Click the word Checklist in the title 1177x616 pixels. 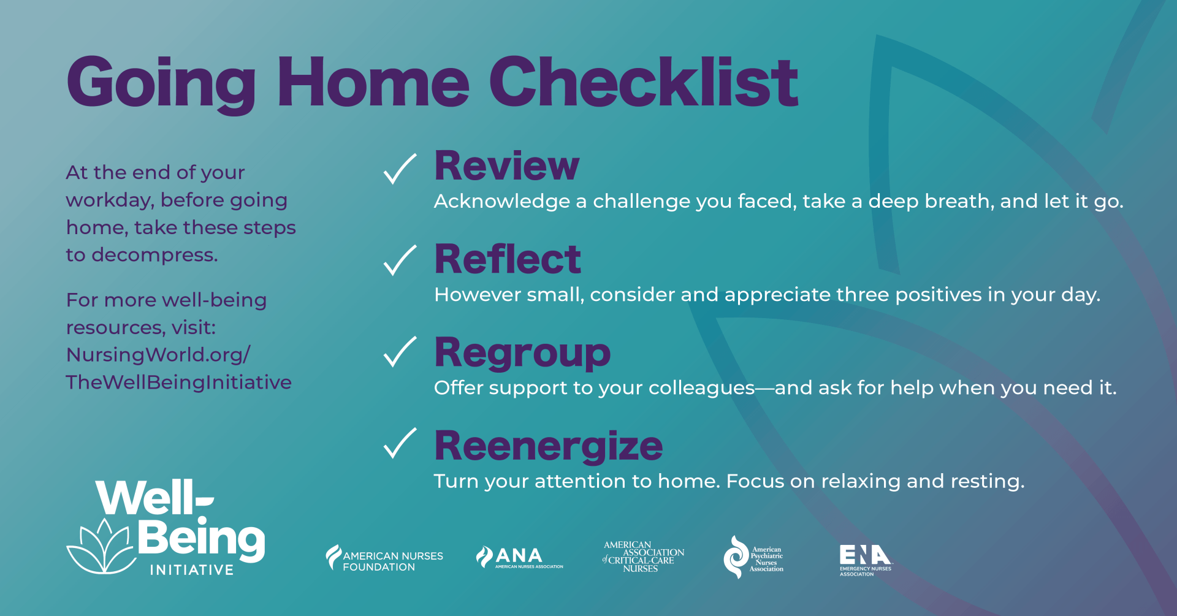click(x=643, y=82)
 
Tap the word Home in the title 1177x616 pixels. click(x=373, y=82)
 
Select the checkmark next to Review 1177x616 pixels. click(x=400, y=169)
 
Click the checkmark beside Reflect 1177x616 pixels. click(x=400, y=260)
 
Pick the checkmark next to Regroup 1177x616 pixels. click(x=400, y=352)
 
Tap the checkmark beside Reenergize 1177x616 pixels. click(x=400, y=444)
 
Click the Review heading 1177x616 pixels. click(x=506, y=166)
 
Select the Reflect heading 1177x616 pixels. click(x=508, y=259)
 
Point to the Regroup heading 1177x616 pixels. click(x=522, y=353)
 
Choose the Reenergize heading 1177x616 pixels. click(x=548, y=446)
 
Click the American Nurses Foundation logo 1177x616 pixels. click(x=384, y=558)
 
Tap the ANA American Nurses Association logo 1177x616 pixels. click(x=519, y=557)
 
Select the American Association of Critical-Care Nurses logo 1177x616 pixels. click(x=643, y=557)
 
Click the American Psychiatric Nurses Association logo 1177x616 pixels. click(x=753, y=557)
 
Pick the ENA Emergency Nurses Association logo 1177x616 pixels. click(x=865, y=559)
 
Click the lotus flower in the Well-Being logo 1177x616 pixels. click(x=101, y=547)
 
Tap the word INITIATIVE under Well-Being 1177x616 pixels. click(x=192, y=570)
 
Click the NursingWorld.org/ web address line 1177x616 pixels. click(x=158, y=355)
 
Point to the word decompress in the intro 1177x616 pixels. click(x=154, y=254)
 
